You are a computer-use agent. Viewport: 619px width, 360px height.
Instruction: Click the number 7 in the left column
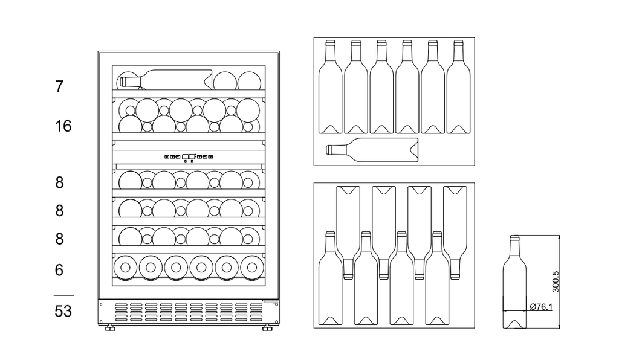click(59, 86)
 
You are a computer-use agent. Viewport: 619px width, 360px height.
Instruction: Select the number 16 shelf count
click(63, 126)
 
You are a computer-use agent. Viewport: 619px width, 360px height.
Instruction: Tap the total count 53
click(63, 311)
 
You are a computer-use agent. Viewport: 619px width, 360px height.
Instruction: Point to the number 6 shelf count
click(59, 270)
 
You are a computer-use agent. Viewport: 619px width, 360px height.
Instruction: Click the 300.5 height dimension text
click(556, 281)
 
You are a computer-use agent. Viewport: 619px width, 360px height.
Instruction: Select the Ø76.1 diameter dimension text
click(541, 306)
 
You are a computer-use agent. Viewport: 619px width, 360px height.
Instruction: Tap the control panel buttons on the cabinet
click(189, 157)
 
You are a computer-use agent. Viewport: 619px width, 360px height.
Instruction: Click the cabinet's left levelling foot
click(110, 327)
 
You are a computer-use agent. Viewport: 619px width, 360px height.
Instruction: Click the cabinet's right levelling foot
click(267, 327)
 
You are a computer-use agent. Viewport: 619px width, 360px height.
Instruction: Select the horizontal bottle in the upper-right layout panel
click(372, 150)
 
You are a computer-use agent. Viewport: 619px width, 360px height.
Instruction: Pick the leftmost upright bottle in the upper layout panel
click(330, 87)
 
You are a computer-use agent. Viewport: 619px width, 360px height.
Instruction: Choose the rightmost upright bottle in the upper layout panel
click(458, 87)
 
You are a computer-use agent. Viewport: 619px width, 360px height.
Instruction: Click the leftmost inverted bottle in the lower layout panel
click(348, 233)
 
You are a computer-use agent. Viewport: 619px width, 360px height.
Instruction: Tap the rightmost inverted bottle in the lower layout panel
click(455, 233)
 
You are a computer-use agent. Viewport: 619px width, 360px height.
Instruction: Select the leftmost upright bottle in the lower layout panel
click(331, 278)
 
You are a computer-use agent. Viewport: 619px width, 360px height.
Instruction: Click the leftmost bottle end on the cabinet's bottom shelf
click(125, 268)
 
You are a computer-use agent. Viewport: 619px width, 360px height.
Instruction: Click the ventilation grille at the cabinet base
click(189, 312)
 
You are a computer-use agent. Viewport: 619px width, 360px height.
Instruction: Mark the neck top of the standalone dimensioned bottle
click(514, 237)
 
